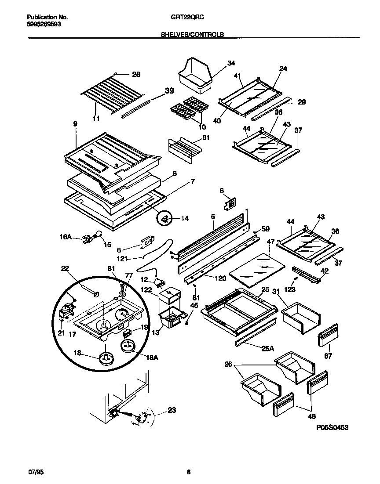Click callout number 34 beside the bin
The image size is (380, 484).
231,63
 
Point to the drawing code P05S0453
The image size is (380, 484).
332,427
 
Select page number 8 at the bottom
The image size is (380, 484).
189,473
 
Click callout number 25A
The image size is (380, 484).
268,349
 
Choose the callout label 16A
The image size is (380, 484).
65,237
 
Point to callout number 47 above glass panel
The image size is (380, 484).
270,242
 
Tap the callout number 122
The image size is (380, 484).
146,290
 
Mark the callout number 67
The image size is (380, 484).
329,357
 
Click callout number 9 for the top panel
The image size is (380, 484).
75,124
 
